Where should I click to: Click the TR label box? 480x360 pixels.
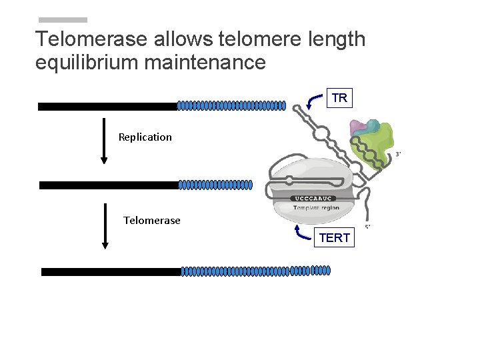tap(339, 99)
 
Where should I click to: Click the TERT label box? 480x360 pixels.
tap(334, 237)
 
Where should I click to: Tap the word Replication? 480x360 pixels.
tap(145, 137)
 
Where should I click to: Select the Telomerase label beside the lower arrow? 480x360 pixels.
tap(152, 221)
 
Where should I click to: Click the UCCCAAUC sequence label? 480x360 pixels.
tap(313, 198)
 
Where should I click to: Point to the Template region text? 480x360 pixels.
tap(316, 207)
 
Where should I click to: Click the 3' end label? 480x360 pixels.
tap(398, 154)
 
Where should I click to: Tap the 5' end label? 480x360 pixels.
tap(367, 227)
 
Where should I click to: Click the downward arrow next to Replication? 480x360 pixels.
tap(104, 140)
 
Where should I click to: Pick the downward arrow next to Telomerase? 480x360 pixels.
tap(105, 225)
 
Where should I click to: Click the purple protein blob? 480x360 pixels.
tap(359, 127)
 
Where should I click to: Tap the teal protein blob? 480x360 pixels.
tap(373, 125)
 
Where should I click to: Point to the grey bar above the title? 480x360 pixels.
tap(63, 20)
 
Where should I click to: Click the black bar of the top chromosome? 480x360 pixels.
tap(107, 106)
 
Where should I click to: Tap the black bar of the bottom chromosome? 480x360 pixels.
tap(111, 271)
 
